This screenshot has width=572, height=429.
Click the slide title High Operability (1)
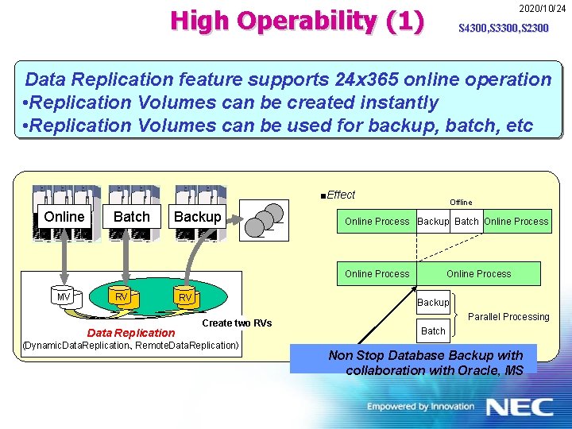[x=297, y=21]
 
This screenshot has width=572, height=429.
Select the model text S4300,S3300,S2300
[x=503, y=29]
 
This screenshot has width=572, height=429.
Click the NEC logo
[x=520, y=408]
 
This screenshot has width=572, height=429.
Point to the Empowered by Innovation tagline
[x=420, y=407]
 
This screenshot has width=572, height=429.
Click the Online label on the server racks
[x=64, y=217]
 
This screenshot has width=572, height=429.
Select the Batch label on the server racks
[x=132, y=217]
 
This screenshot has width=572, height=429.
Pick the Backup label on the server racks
[x=197, y=217]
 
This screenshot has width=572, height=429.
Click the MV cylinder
[x=64, y=297]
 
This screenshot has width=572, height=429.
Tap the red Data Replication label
[x=131, y=333]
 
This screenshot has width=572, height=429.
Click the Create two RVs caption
[x=238, y=323]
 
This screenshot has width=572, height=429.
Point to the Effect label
[x=339, y=195]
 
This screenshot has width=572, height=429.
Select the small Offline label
[x=461, y=203]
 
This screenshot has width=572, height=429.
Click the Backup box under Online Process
[x=433, y=302]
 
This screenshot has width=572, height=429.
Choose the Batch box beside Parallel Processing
[x=433, y=330]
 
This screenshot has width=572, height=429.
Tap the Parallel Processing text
[x=508, y=317]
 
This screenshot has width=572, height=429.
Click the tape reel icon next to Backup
[x=266, y=219]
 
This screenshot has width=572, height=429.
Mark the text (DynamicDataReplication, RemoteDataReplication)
[x=131, y=346]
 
